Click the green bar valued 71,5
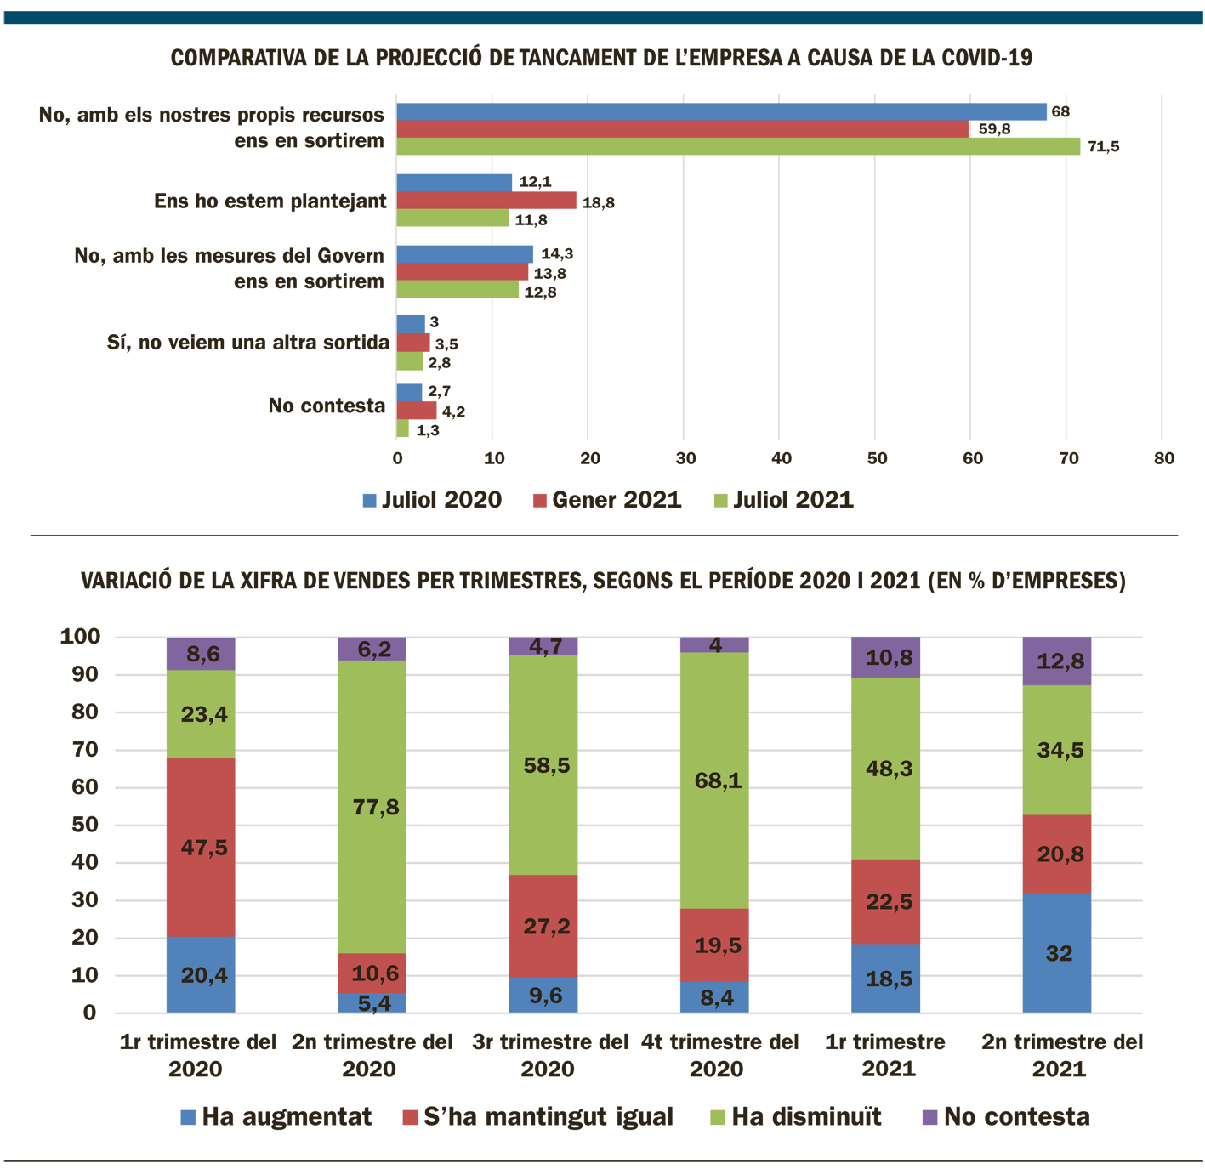coord(738,146)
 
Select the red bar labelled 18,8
coord(486,201)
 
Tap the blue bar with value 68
coord(721,111)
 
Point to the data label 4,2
coord(453,411)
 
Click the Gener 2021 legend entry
coord(607,500)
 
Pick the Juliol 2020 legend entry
coord(432,500)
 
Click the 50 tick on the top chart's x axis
coord(877,458)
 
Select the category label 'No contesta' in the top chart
coord(327,406)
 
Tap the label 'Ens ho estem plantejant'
coord(270,201)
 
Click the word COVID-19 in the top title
coord(986,58)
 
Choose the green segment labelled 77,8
coord(372,806)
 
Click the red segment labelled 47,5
coord(201,847)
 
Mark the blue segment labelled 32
coord(1057,952)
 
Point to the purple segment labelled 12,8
coord(1057,661)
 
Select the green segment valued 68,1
coord(714,780)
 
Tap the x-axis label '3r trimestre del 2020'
coord(549,1054)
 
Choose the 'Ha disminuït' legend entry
coord(795,1116)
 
